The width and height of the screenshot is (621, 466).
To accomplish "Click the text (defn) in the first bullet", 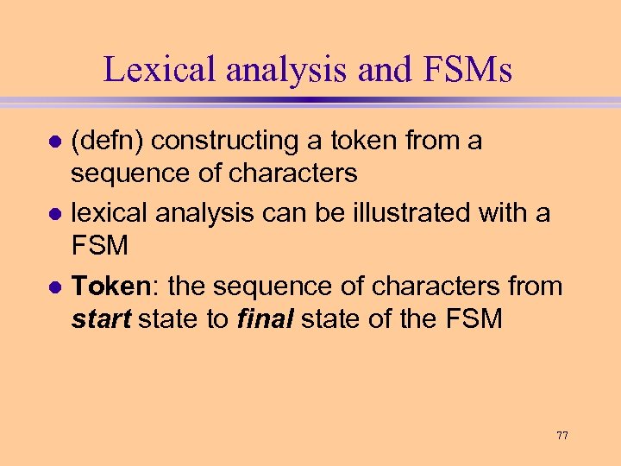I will pyautogui.click(x=106, y=141).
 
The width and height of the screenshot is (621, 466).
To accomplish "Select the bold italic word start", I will pyautogui.click(x=101, y=318).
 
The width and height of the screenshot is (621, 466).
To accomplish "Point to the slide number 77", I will pyautogui.click(x=562, y=436).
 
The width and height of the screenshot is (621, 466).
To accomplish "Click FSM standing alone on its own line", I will pyautogui.click(x=99, y=246).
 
